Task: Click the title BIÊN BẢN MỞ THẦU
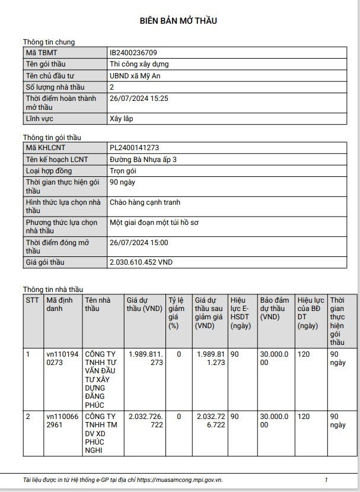[179, 21]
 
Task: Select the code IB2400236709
[133, 53]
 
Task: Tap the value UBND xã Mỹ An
[135, 76]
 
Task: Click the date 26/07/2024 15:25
[139, 99]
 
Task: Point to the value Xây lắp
[121, 119]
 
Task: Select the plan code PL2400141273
[135, 148]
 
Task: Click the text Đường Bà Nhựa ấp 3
[143, 160]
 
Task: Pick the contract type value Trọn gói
[123, 171]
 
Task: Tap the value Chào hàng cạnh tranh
[145, 202]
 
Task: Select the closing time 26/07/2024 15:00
[139, 243]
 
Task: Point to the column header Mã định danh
[59, 304]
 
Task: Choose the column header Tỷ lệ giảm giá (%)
[176, 313]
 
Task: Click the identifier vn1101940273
[62, 358]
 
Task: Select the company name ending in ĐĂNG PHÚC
[100, 379]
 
